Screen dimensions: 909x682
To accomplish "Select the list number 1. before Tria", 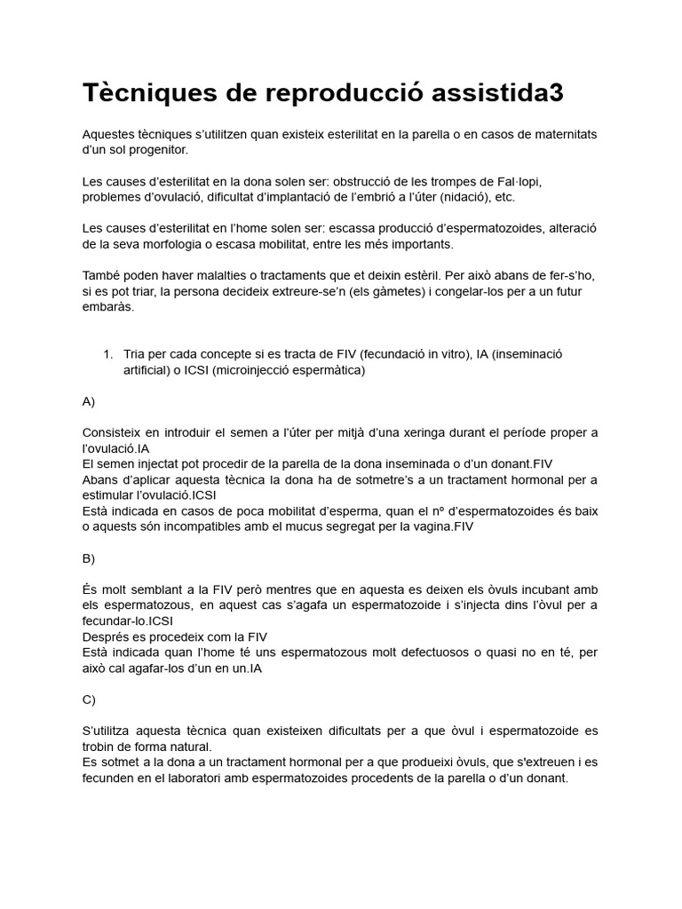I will pos(107,354).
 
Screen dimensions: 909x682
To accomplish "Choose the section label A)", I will pos(88,401).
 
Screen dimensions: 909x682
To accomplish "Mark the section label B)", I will pos(88,558).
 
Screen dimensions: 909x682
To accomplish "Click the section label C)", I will pos(88,700).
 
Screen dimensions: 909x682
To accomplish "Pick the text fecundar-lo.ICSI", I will pos(127,620).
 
